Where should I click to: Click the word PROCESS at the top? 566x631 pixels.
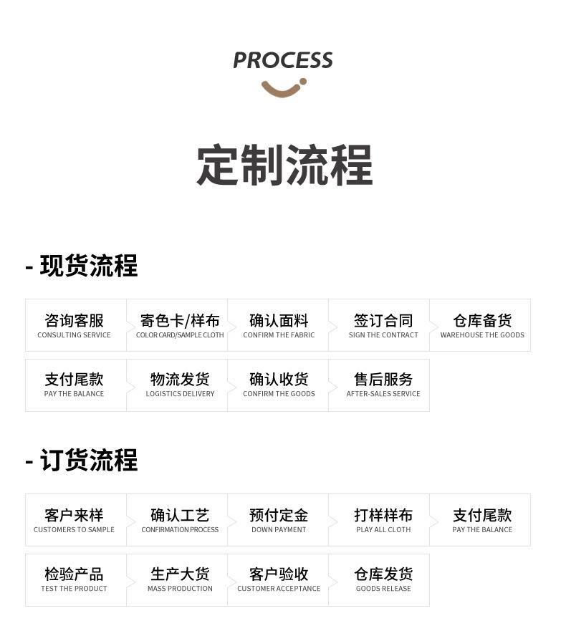coord(283,61)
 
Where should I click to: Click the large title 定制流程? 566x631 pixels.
coord(284,165)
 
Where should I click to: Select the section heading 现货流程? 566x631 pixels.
coord(88,266)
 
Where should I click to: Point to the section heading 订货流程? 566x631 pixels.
coord(88,461)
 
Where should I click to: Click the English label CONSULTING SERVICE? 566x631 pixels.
coord(75,335)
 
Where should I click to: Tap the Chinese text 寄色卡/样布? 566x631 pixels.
coord(180,320)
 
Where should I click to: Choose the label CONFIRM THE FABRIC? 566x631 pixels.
coord(279,335)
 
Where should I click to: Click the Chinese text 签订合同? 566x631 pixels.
coord(383,320)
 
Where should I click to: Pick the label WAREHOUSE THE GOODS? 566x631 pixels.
coord(482,335)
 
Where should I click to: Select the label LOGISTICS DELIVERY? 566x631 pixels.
coord(180,394)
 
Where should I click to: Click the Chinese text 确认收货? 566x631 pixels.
coord(279,379)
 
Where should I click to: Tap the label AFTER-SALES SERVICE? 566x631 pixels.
coord(383,394)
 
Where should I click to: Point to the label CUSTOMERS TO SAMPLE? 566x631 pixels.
coord(75,530)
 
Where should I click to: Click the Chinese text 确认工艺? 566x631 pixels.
coord(180,515)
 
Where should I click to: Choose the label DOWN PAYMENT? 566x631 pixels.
coord(279,530)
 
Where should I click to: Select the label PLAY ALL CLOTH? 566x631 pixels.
coord(383,530)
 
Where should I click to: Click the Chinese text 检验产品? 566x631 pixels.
coord(75,574)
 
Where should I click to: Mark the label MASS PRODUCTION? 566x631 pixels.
coord(180,589)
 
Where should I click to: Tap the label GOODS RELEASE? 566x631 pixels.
coord(383,589)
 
